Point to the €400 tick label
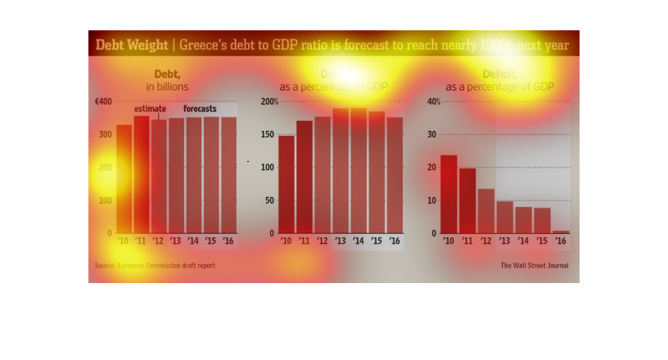click(x=103, y=101)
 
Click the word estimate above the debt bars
click(x=151, y=110)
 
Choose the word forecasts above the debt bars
click(x=200, y=110)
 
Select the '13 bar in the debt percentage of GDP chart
click(x=341, y=171)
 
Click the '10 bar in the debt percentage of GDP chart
click(x=287, y=184)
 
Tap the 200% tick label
click(x=269, y=101)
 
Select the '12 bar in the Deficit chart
click(x=486, y=211)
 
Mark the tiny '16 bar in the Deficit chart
click(x=561, y=232)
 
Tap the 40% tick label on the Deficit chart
click(x=434, y=101)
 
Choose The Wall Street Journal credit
click(x=535, y=265)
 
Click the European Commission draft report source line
click(x=155, y=265)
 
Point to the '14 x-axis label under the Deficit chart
click(x=523, y=241)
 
